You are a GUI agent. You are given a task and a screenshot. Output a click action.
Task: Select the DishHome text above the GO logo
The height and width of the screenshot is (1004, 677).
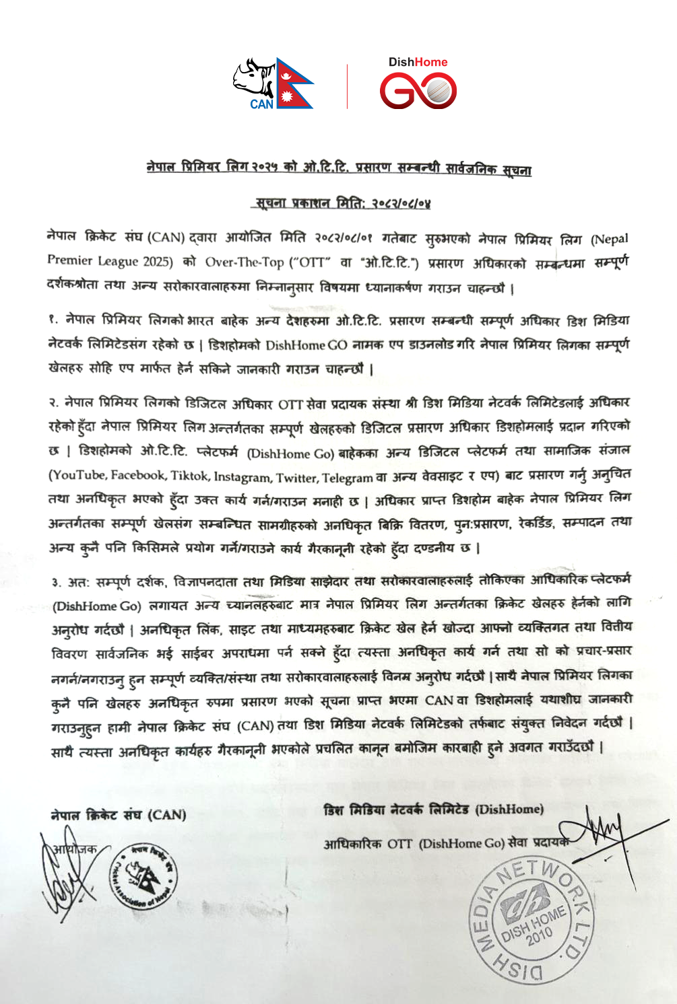pos(418,62)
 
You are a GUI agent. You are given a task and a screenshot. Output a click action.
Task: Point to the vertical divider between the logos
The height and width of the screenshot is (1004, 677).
pos(348,86)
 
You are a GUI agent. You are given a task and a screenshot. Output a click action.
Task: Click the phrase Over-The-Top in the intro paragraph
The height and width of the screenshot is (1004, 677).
pos(245,262)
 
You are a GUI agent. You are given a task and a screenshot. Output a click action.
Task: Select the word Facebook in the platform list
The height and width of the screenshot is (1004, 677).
pos(138,475)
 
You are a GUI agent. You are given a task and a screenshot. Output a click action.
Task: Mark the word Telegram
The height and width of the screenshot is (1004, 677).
pos(348,478)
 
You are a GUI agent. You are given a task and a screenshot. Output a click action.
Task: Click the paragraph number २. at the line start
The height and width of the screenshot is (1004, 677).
pos(54,403)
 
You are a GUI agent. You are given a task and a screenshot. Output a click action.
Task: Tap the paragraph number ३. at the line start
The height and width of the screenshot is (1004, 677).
pos(56,581)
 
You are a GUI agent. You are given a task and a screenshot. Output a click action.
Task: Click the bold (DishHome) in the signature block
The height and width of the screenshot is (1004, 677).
pos(509,810)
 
